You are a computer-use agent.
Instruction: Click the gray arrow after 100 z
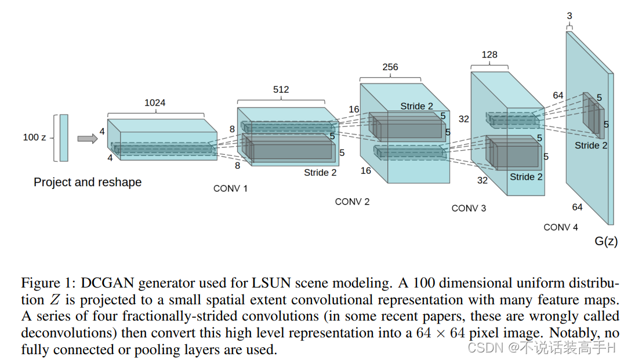(x=87, y=138)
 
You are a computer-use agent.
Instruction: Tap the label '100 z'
(x=34, y=137)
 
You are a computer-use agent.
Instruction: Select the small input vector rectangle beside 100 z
(x=63, y=137)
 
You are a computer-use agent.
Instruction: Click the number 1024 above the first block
(x=155, y=103)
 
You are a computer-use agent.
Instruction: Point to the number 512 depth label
(x=281, y=89)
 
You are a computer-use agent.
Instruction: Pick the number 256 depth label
(x=390, y=67)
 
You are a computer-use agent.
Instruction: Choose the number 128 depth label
(x=489, y=54)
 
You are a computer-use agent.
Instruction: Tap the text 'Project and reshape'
(x=88, y=182)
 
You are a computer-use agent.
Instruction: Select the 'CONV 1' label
(x=230, y=188)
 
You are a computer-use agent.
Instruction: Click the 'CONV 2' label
(x=352, y=202)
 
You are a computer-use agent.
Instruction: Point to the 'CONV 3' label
(x=469, y=208)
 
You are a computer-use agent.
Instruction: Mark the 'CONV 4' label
(x=561, y=227)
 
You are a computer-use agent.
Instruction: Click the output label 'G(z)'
(x=606, y=242)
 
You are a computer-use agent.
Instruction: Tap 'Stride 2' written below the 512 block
(x=320, y=172)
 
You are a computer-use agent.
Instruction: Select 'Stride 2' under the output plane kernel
(x=591, y=145)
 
